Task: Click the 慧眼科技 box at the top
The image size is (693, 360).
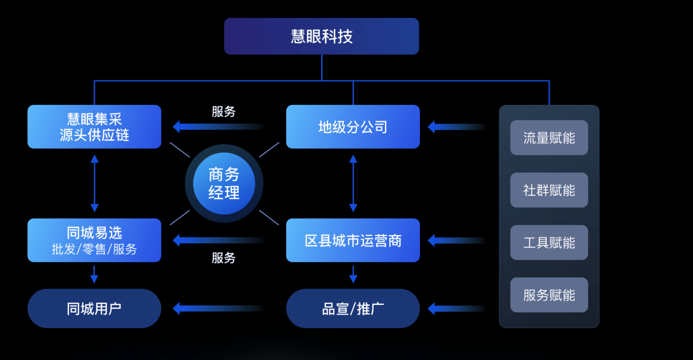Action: (x=321, y=36)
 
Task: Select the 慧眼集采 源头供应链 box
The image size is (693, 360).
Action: (x=94, y=127)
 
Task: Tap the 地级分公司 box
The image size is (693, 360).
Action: (x=353, y=127)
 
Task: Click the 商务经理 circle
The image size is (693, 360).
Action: (x=224, y=183)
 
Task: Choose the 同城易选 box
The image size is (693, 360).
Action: (x=94, y=240)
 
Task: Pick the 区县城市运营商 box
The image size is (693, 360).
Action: (x=353, y=240)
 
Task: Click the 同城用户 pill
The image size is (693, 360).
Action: (x=94, y=308)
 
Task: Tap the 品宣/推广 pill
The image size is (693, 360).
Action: (x=353, y=308)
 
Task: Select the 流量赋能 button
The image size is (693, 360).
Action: (x=549, y=138)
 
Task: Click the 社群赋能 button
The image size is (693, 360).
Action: (x=549, y=190)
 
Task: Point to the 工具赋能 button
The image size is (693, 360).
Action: (x=549, y=242)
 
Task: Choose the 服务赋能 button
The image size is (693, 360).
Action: (x=549, y=295)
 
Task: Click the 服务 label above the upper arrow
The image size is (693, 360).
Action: (x=224, y=112)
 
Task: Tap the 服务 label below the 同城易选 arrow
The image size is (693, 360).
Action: (x=224, y=258)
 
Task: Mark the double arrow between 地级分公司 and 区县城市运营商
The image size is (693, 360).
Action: (x=353, y=183)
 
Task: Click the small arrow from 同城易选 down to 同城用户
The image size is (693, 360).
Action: (x=94, y=275)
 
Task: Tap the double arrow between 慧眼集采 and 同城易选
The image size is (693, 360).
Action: (x=95, y=183)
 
